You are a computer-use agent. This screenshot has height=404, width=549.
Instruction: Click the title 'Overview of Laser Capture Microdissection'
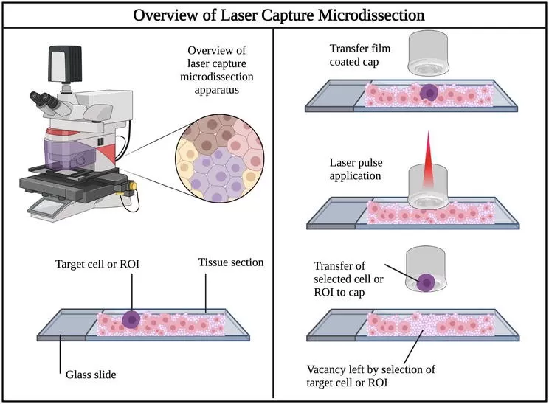coord(274,15)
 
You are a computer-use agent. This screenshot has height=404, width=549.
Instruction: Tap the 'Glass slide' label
coord(87,374)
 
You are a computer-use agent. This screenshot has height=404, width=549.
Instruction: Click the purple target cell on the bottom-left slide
coord(131,319)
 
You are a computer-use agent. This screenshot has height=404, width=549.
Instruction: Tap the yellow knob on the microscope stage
coord(134,187)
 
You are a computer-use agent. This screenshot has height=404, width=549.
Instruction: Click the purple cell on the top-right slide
coord(428,92)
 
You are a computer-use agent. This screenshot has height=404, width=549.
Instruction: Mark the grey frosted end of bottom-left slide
coord(65,327)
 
